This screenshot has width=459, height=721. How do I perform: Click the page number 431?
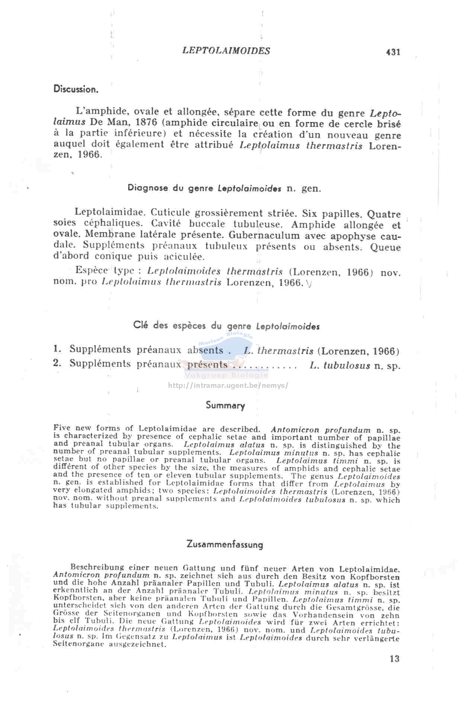[393, 52]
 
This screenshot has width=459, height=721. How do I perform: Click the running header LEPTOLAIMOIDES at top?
[226, 51]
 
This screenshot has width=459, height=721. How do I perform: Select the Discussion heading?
[76, 89]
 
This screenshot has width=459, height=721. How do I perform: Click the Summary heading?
[225, 405]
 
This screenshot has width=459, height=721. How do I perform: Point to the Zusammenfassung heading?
[225, 545]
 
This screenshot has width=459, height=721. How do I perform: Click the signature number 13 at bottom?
[394, 659]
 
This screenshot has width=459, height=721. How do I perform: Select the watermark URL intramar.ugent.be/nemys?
[228, 385]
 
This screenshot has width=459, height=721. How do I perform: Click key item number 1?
[57, 349]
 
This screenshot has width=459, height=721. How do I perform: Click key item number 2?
[57, 363]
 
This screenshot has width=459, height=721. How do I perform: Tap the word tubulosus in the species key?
[347, 366]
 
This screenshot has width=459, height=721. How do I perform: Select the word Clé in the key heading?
[141, 325]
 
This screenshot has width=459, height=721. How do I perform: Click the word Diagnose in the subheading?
[148, 188]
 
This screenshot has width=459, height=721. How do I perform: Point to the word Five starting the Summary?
[61, 428]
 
